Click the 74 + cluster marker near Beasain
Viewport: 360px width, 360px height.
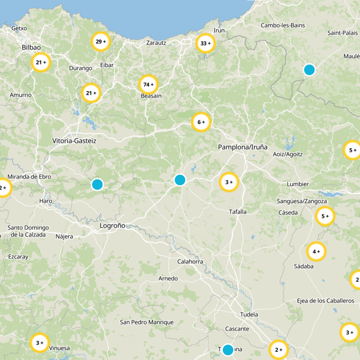(x=148, y=84)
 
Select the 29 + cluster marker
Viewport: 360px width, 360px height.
(x=101, y=41)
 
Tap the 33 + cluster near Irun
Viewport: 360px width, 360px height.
(x=206, y=44)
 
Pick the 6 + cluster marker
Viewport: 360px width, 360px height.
(x=201, y=122)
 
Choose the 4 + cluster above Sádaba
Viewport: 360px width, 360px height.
(x=316, y=252)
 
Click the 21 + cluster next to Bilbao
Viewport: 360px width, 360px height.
(x=41, y=63)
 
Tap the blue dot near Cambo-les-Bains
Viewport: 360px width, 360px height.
(x=309, y=70)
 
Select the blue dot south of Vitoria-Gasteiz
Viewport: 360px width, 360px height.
(x=97, y=184)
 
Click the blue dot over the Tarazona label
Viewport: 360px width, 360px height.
(x=228, y=350)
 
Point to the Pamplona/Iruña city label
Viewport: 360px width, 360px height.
(x=243, y=147)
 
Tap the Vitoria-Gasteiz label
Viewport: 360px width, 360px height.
(x=74, y=141)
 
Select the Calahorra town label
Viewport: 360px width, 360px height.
(x=190, y=261)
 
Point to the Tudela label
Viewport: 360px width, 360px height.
(x=249, y=315)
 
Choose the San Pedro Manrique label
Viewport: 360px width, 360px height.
(x=147, y=322)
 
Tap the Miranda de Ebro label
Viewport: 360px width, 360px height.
(x=29, y=177)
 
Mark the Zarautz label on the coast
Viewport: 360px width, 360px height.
(x=156, y=43)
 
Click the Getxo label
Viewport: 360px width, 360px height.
(x=19, y=28)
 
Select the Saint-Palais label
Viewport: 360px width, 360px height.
(x=343, y=33)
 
